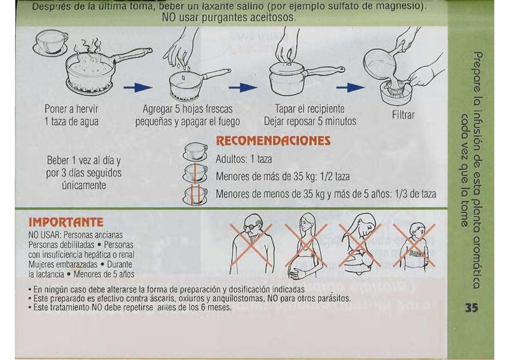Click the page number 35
[x=471, y=307]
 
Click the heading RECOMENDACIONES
[x=274, y=141]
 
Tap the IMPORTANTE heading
[x=66, y=222]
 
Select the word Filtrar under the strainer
[x=403, y=115]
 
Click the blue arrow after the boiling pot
[x=137, y=87]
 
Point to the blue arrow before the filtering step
[x=351, y=87]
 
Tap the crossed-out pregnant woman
[x=305, y=246]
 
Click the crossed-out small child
[x=414, y=246]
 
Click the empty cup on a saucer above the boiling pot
[x=50, y=43]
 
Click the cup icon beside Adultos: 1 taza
[x=195, y=152]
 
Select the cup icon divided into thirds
[x=195, y=195]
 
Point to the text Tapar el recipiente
[x=310, y=108]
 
